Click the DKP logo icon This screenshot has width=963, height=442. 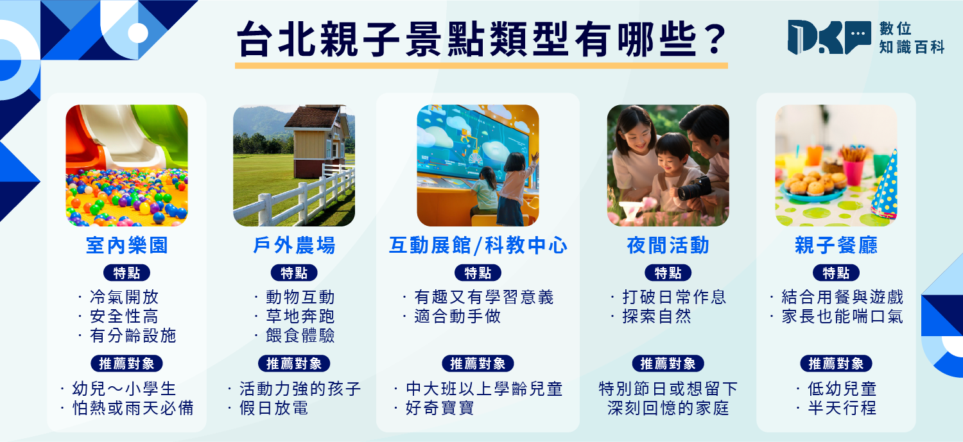829,37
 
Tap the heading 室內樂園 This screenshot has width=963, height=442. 127,245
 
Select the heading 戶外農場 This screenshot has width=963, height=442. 294,245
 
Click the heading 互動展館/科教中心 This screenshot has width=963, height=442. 478,245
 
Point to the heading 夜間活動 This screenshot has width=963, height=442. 668,245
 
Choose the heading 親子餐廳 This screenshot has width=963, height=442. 836,245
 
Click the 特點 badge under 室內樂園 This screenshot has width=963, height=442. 127,273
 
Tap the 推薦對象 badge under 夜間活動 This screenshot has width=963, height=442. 668,363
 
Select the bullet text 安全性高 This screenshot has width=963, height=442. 125,316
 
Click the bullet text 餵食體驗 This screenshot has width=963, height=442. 300,336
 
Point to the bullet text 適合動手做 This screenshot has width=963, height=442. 457,316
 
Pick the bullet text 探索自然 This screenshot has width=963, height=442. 657,316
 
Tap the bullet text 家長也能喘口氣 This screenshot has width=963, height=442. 842,316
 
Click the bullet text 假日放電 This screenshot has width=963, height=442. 274,407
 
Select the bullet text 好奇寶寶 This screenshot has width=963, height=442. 440,407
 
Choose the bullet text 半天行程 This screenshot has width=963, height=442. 842,407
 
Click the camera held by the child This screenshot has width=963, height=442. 694,189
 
